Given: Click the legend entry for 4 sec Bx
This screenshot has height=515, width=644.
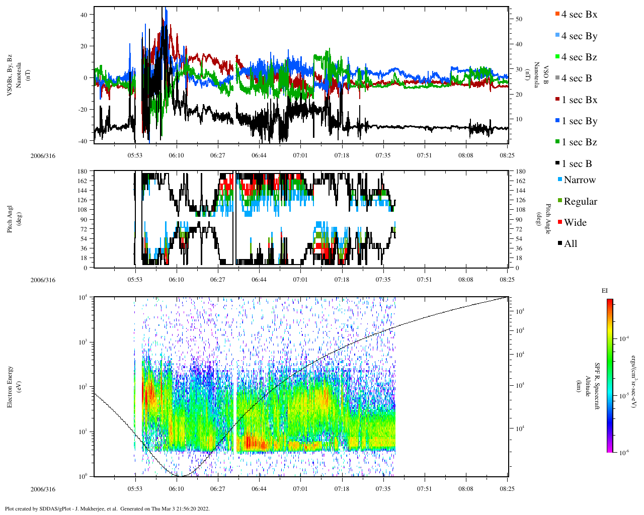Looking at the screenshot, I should (x=579, y=15).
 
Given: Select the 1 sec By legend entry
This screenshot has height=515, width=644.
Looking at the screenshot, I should (x=579, y=121).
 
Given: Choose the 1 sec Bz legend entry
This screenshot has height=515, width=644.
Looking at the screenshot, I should (x=579, y=142).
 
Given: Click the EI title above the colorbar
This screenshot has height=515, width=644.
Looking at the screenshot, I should (x=605, y=291).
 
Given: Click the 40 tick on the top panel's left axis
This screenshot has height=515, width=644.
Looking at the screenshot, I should (x=84, y=15).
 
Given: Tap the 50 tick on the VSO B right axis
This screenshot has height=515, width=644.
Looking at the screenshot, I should (x=519, y=19).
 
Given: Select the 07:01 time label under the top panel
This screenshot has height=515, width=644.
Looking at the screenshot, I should (x=300, y=156).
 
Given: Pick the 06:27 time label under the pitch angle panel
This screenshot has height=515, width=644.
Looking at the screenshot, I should (x=218, y=280).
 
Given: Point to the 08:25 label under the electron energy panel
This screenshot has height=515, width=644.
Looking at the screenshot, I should (x=507, y=489).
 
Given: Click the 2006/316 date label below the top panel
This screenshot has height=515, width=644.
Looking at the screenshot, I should (x=43, y=156).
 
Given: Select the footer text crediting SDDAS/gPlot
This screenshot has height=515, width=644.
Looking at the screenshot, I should (x=107, y=508).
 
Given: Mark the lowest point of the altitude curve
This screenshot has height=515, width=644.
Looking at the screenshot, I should (x=180, y=476).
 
